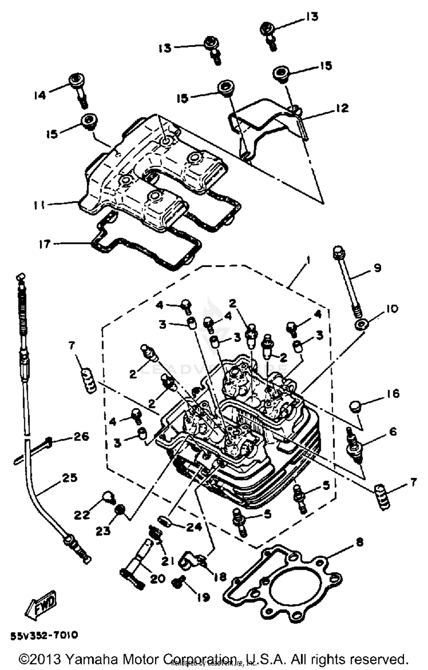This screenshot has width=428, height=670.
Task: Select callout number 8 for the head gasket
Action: pos(360,542)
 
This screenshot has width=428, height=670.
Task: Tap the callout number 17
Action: pos(45,244)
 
